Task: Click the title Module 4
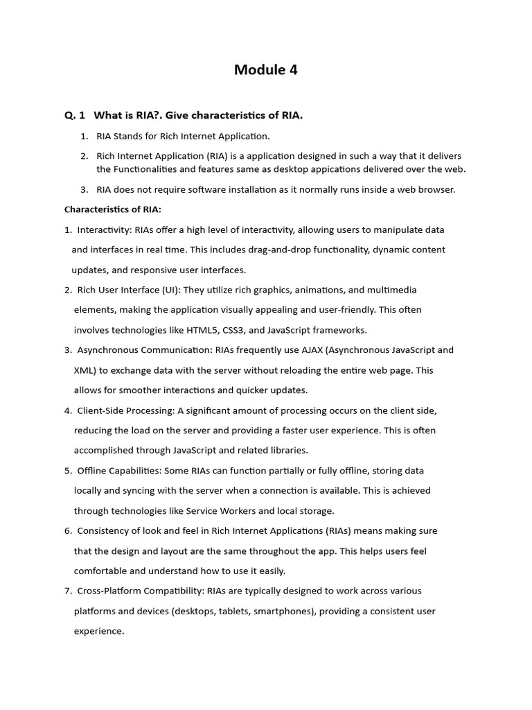[x=265, y=69]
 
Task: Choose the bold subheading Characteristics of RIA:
[x=112, y=209]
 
